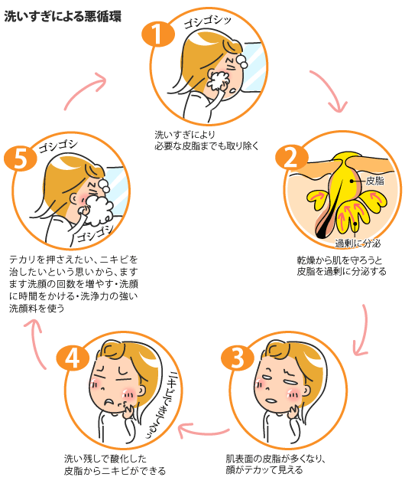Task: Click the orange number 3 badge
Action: (x=237, y=357)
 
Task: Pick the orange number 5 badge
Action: (x=20, y=158)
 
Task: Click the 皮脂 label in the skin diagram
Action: (x=374, y=181)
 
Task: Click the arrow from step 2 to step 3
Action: (x=366, y=329)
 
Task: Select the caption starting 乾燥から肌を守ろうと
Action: (x=341, y=266)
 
